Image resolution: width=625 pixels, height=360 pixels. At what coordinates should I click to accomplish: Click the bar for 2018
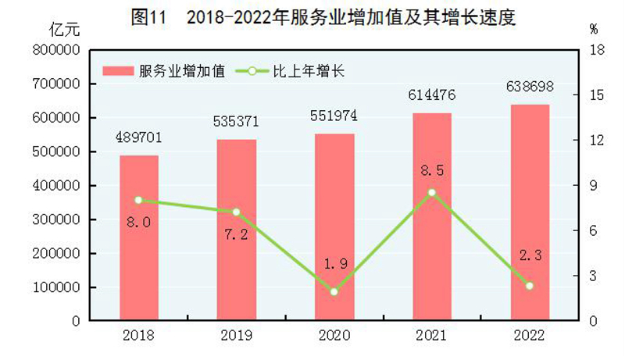(139, 238)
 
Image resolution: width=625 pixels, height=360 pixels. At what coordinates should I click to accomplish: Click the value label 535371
(236, 123)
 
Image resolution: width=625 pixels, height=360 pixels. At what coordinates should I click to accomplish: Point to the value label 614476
(431, 95)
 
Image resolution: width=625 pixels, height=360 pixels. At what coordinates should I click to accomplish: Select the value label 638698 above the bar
(530, 87)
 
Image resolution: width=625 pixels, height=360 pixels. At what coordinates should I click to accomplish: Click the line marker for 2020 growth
(334, 292)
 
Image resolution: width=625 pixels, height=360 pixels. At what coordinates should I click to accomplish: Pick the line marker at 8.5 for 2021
(432, 192)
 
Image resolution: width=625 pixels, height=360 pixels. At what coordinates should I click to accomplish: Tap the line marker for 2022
(530, 286)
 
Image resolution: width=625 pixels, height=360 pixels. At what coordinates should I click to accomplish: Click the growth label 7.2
(236, 235)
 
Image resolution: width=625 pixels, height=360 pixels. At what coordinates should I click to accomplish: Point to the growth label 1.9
(334, 265)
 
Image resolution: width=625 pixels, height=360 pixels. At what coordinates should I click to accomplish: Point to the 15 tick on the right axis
(595, 95)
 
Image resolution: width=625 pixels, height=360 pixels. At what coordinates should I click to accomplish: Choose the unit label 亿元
(63, 30)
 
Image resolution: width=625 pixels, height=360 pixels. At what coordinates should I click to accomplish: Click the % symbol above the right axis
(594, 30)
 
